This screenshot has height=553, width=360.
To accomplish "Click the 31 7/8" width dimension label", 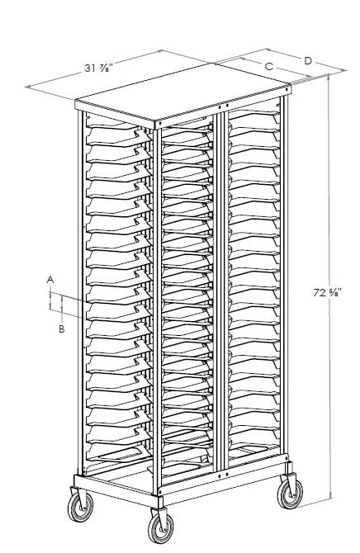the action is [98, 68].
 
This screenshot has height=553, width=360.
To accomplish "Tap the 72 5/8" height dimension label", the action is [327, 292].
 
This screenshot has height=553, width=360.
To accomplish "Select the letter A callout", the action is [50, 280].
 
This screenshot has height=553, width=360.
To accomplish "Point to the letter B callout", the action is [61, 329].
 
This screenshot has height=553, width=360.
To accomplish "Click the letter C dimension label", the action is [269, 66].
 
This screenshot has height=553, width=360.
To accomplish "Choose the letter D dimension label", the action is [308, 60].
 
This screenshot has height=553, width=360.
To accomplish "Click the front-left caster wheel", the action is [80, 507].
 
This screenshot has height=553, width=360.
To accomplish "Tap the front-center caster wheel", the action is [160, 528].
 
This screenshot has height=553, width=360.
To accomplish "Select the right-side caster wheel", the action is [290, 494].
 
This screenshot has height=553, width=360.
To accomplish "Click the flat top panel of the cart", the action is [183, 92].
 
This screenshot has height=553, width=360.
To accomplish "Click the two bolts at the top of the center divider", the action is [223, 106].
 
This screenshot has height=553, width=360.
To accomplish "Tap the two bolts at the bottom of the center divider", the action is [223, 475].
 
